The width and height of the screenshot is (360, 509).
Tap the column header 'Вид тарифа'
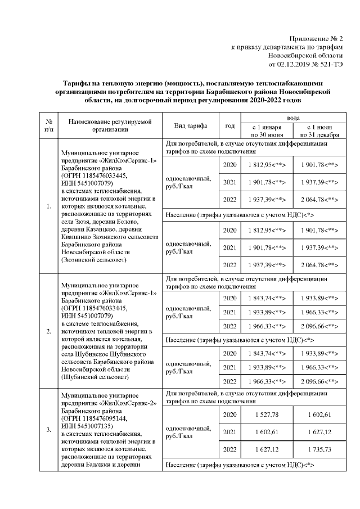pyautogui.click(x=191, y=125)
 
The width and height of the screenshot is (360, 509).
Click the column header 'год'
pyautogui.click(x=229, y=125)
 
